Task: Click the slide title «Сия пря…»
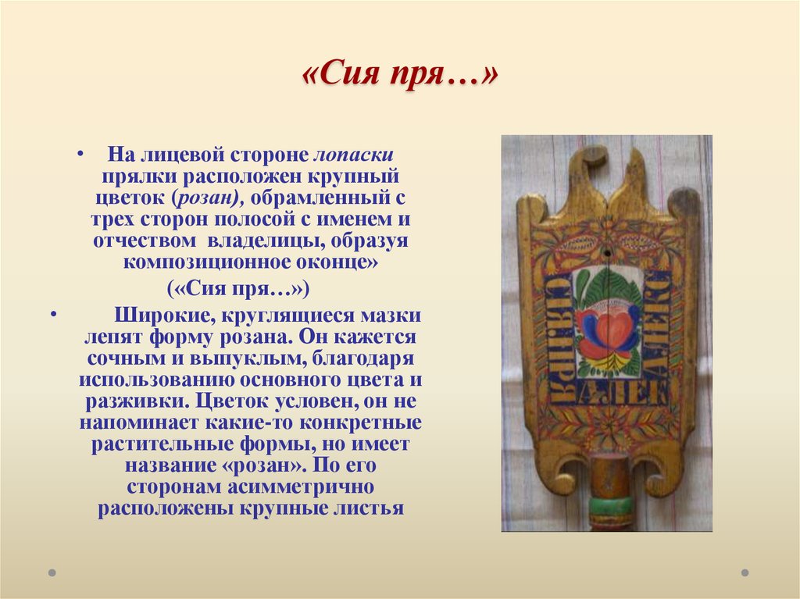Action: pos(399,77)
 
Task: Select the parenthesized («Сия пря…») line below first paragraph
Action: pos(238,289)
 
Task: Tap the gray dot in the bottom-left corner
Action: pos(52,572)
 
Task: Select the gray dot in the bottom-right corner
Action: pos(744,572)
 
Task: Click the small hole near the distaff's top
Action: pos(606,252)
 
